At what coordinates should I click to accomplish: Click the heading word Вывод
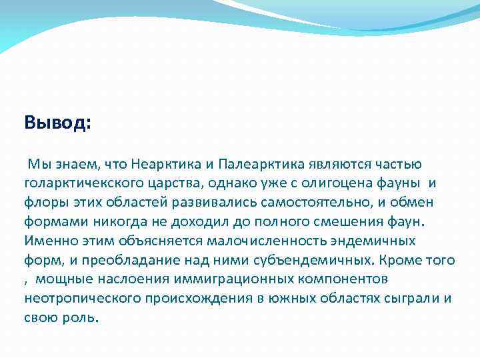pos(57,123)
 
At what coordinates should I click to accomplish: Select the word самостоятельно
pos(295,202)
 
